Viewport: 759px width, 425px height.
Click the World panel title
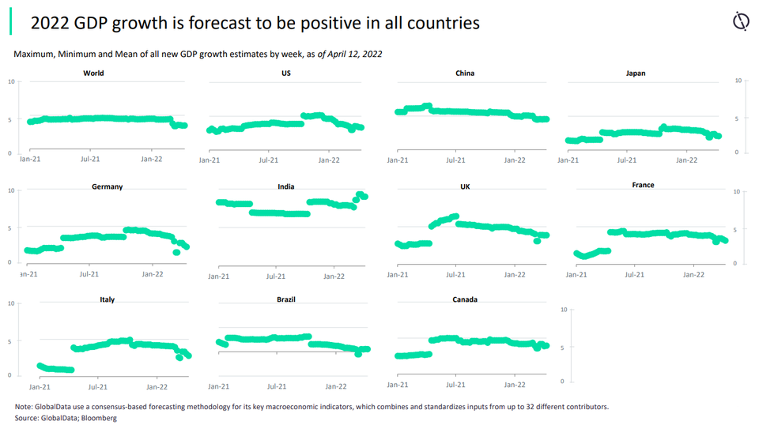(x=93, y=73)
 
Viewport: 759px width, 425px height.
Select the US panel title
(x=285, y=73)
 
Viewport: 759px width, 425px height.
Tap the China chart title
(x=465, y=73)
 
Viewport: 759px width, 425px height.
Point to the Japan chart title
(x=635, y=73)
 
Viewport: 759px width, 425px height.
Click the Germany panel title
(x=107, y=187)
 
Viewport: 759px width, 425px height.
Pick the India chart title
(x=286, y=187)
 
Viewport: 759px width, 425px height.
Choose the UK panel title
(x=465, y=187)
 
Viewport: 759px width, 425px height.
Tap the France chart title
(x=643, y=185)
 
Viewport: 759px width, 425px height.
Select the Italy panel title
(x=107, y=300)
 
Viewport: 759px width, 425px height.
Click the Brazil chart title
(x=286, y=300)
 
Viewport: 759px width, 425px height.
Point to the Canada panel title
(x=465, y=300)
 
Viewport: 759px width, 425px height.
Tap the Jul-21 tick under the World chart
(x=89, y=160)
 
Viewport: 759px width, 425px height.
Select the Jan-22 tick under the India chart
(x=335, y=276)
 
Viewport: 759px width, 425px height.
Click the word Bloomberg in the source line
(x=100, y=417)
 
